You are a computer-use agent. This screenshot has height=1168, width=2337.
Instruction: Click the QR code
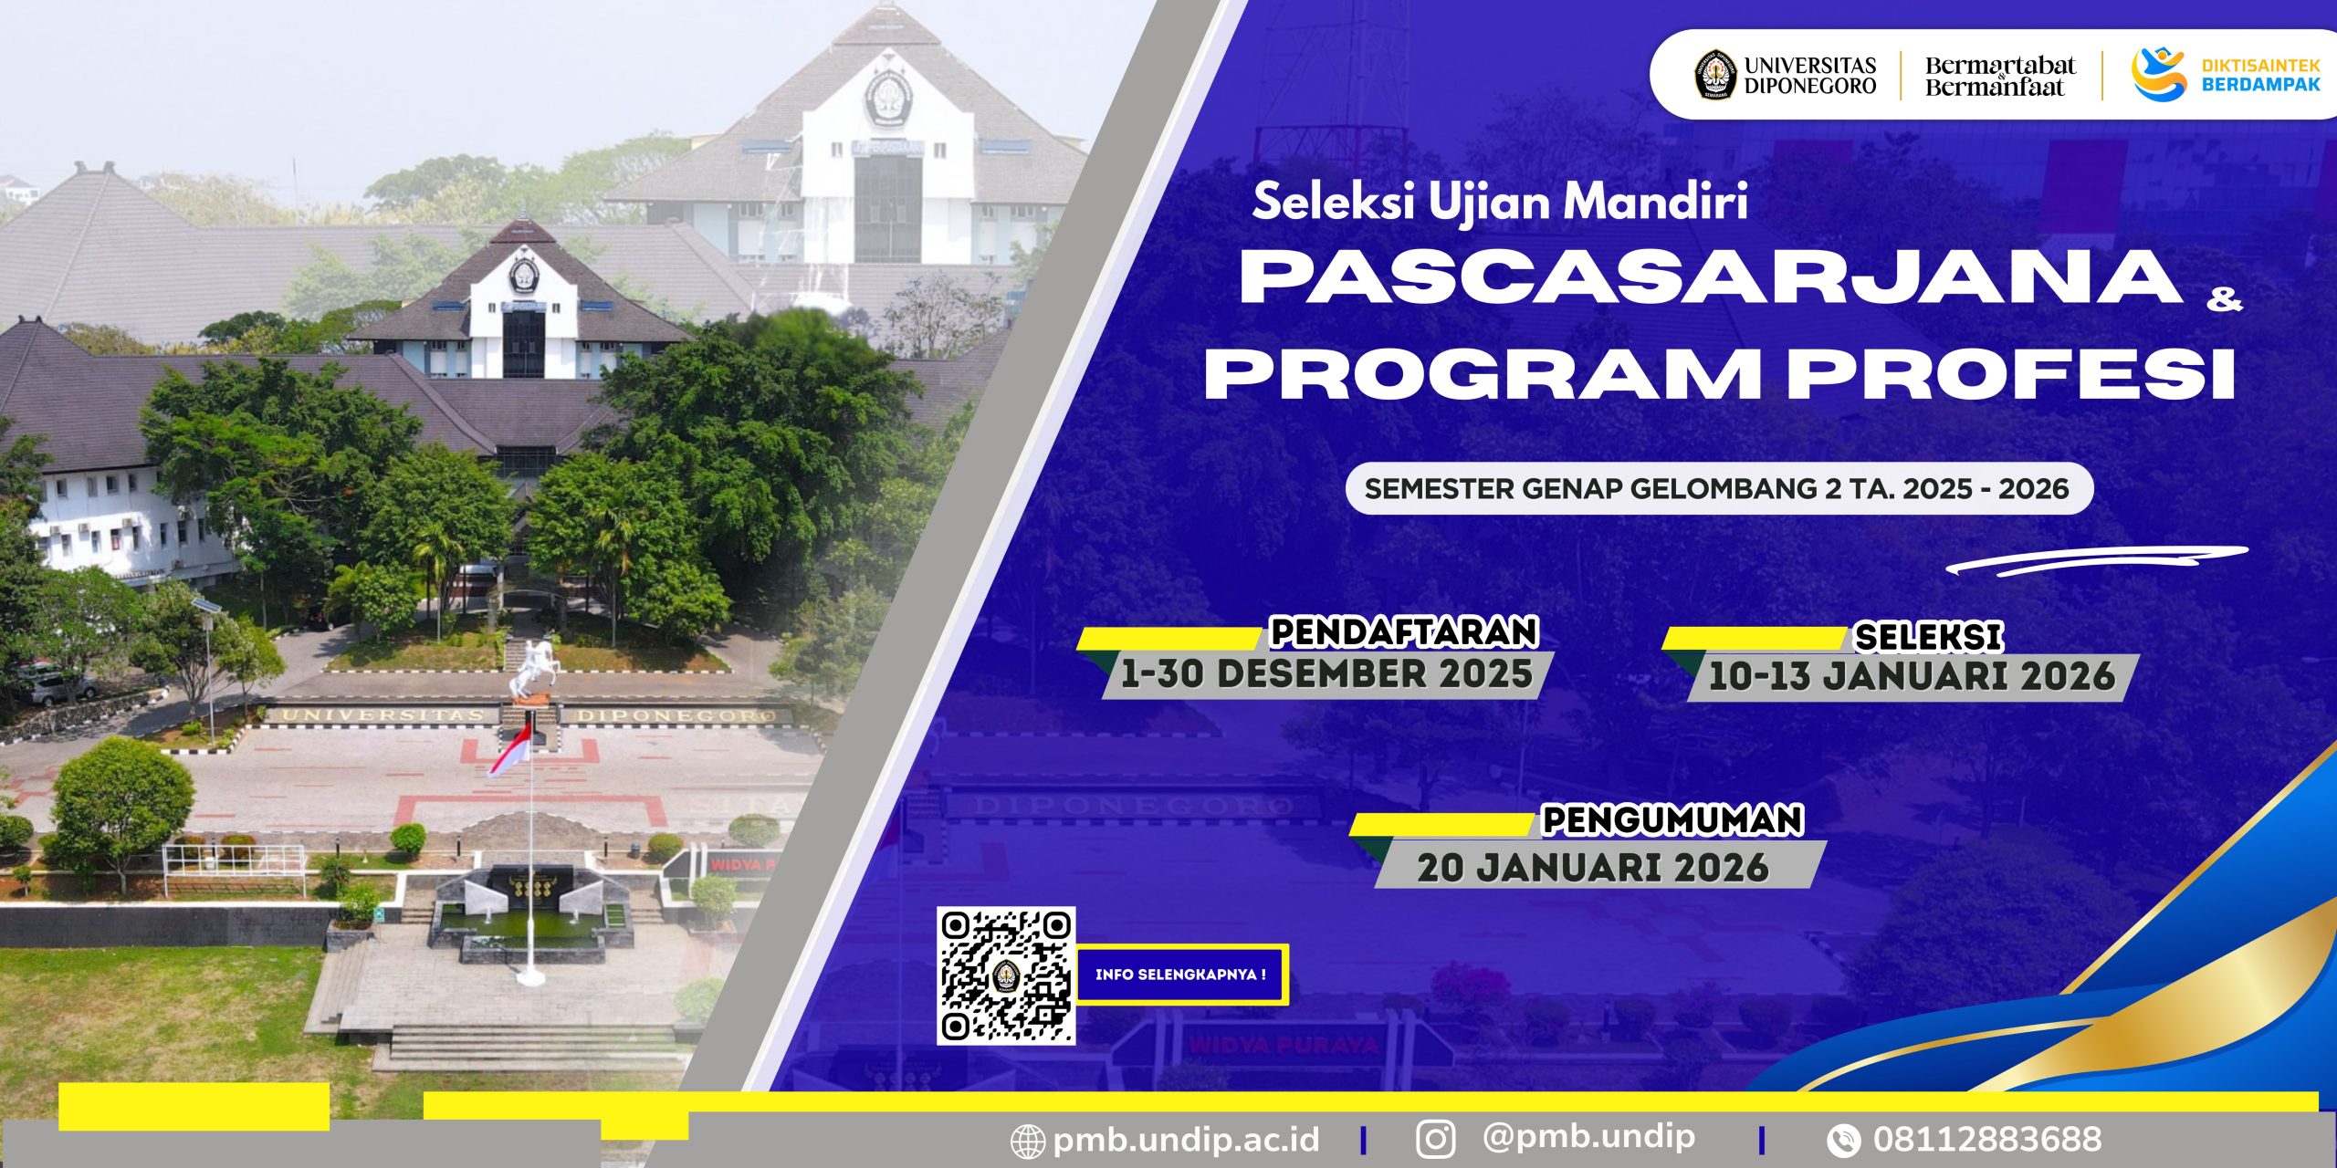pos(1006,975)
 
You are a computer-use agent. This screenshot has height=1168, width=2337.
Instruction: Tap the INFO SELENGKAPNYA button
pos(1181,975)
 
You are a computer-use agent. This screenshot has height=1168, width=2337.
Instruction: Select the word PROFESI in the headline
pos(2011,372)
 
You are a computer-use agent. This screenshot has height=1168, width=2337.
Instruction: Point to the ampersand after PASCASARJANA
pos(2224,299)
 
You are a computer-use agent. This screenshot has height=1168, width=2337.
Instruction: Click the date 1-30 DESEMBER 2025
pos(1326,674)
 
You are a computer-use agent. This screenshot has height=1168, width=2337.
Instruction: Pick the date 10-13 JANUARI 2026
pos(1912,676)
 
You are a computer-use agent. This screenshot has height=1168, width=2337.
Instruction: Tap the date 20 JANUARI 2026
pos(1593,867)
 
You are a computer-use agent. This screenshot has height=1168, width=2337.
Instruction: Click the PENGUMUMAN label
pos(1672,819)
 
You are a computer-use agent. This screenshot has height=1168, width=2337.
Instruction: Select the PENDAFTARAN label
pos(1404,631)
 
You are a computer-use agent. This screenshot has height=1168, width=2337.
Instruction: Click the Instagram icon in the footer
pos(1436,1140)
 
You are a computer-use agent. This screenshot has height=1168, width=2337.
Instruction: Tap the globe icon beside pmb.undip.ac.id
pos(1028,1142)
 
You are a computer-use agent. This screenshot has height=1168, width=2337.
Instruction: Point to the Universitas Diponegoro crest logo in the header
pos(1715,75)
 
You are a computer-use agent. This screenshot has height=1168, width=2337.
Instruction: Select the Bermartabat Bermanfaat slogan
pos(2000,76)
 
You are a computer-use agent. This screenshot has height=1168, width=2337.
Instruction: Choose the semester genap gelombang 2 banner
pos(1719,489)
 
